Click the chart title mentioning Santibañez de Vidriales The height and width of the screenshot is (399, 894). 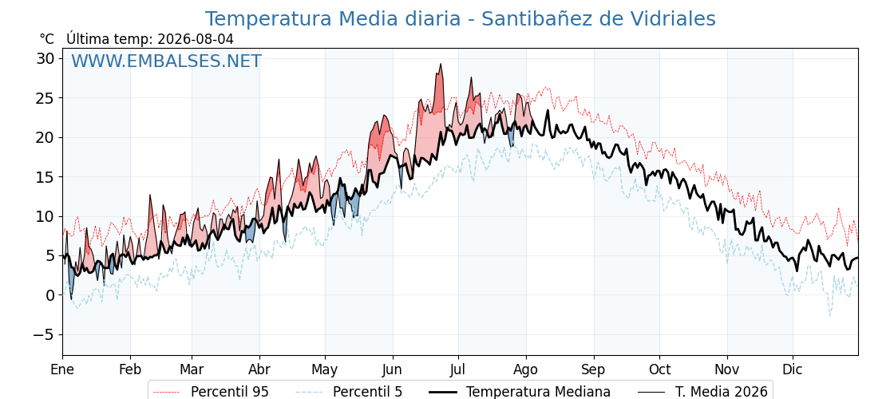pyautogui.click(x=460, y=19)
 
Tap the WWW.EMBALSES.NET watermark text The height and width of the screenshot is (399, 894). pyautogui.click(x=167, y=61)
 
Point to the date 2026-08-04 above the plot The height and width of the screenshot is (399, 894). pyautogui.click(x=194, y=39)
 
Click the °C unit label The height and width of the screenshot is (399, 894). pyautogui.click(x=47, y=39)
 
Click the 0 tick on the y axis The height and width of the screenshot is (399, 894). pyautogui.click(x=50, y=295)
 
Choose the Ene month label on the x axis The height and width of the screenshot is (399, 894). pyautogui.click(x=62, y=369)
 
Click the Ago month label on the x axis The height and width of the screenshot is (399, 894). pyautogui.click(x=526, y=369)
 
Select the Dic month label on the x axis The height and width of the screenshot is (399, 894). pyautogui.click(x=793, y=369)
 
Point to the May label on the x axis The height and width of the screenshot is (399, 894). pyautogui.click(x=325, y=369)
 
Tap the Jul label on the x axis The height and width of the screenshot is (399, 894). pyautogui.click(x=458, y=369)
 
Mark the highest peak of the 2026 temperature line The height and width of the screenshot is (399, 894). pyautogui.click(x=441, y=64)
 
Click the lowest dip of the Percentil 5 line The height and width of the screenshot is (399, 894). pyautogui.click(x=829, y=315)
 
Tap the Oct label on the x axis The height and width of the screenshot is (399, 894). pyautogui.click(x=659, y=369)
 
